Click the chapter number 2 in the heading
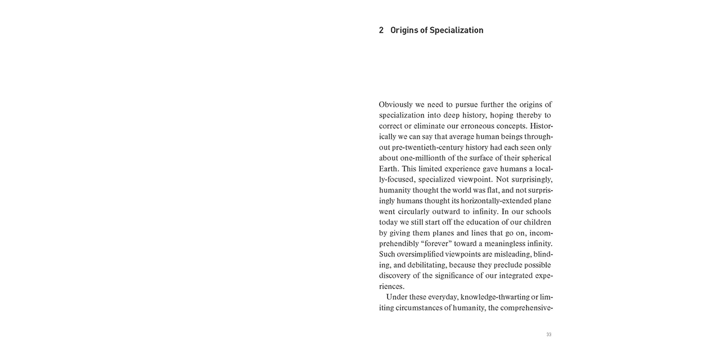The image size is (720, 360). [x=381, y=30]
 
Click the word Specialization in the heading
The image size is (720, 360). [x=456, y=30]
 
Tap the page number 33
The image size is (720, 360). [x=548, y=335]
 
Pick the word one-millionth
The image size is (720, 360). [x=422, y=158]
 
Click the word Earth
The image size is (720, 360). [x=389, y=169]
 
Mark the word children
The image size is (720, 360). [x=535, y=222]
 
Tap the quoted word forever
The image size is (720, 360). [x=422, y=244]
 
